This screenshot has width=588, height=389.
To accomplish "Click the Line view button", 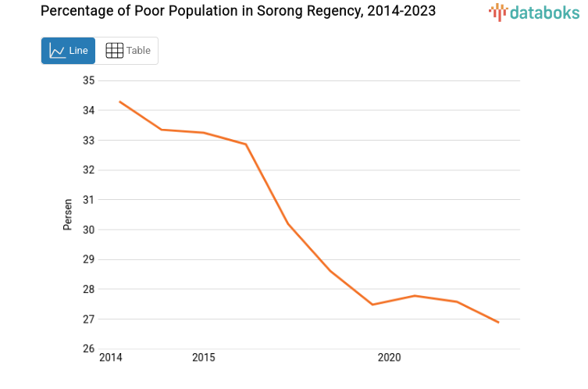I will [x=68, y=51].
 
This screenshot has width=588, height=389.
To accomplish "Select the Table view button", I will [x=127, y=51].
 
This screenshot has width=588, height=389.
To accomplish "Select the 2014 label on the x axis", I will [x=111, y=358].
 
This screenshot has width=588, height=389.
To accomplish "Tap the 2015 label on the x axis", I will [x=204, y=358].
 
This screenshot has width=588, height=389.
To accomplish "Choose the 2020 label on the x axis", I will [x=389, y=358].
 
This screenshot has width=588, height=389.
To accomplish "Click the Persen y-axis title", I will [x=68, y=215].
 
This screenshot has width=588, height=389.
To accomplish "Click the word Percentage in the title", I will [x=75, y=11].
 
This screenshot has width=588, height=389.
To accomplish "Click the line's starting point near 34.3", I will [x=119, y=102].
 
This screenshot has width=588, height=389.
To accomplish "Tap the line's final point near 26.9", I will [x=498, y=322].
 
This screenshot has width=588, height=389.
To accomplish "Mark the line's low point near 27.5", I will [x=372, y=305].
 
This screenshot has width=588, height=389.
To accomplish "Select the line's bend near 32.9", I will [x=246, y=145].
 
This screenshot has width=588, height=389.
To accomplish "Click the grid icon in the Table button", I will [x=114, y=51].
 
